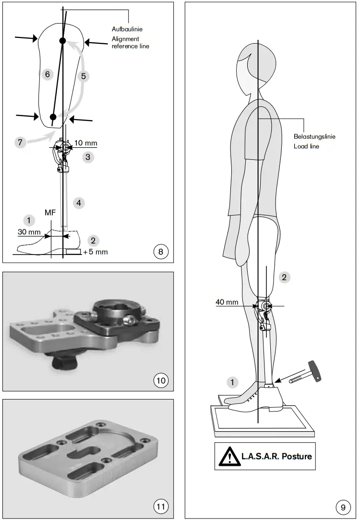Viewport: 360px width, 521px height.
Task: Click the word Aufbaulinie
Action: click(x=127, y=29)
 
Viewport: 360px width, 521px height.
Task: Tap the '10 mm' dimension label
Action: click(x=86, y=143)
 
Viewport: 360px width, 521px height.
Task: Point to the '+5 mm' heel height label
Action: click(x=95, y=252)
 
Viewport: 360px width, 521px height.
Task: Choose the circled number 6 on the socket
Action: click(x=46, y=74)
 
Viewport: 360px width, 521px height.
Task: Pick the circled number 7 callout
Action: click(x=20, y=142)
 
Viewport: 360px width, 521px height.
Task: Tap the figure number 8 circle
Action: click(x=160, y=251)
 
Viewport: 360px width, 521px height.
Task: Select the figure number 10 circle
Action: click(x=160, y=381)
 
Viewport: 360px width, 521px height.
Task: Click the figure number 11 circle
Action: click(x=160, y=506)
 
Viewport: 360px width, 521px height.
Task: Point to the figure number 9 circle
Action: click(x=342, y=506)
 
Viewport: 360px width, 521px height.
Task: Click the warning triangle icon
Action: click(x=229, y=456)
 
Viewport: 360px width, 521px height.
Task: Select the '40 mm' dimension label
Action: click(x=227, y=302)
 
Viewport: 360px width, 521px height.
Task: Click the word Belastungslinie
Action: click(x=314, y=136)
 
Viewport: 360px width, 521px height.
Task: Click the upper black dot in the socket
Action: click(x=62, y=41)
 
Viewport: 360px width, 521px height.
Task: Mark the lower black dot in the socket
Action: click(x=53, y=117)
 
